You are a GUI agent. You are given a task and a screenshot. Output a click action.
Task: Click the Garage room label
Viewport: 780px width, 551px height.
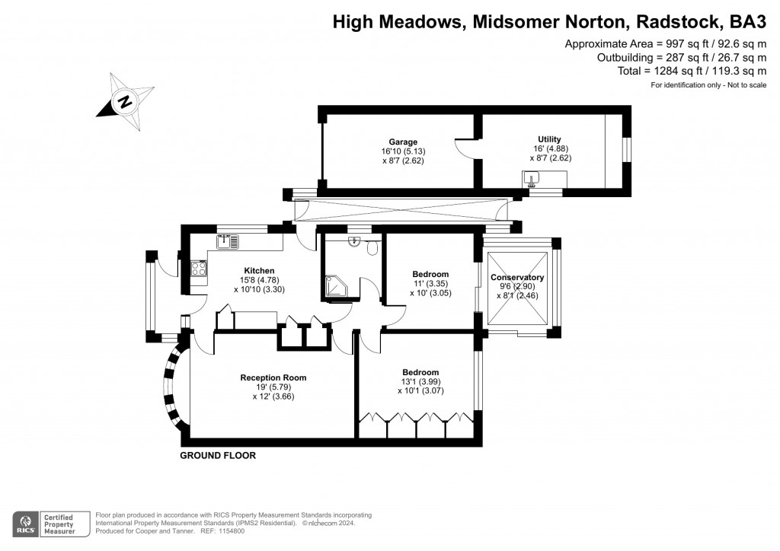pyautogui.click(x=403, y=142)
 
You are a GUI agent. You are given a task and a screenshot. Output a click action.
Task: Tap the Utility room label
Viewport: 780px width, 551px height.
pyautogui.click(x=549, y=139)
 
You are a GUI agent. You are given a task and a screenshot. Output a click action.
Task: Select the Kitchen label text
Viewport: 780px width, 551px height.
pyautogui.click(x=259, y=271)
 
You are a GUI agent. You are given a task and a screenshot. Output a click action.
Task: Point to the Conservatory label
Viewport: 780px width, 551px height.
pyautogui.click(x=517, y=277)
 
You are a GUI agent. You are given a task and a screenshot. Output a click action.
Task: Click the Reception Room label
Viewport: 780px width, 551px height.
pyautogui.click(x=273, y=377)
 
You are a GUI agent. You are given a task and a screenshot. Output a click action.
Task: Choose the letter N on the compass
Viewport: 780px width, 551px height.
pyautogui.click(x=125, y=102)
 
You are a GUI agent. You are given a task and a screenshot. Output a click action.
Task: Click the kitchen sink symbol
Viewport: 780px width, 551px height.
pyautogui.click(x=228, y=242)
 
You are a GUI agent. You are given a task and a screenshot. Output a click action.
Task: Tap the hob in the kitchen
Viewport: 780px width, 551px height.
pyautogui.click(x=199, y=269)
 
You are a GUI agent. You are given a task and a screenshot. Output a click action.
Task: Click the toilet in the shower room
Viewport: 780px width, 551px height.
pyautogui.click(x=372, y=247)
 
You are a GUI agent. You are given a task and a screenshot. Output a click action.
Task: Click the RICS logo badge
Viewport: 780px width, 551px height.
pyautogui.click(x=25, y=524)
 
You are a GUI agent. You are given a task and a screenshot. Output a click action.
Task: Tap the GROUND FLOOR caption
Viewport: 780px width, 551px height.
pyautogui.click(x=218, y=456)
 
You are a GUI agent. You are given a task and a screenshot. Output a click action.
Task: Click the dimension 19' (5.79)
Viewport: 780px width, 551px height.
pyautogui.click(x=273, y=387)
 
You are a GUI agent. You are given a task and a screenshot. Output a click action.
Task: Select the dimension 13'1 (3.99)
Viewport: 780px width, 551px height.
pyautogui.click(x=420, y=381)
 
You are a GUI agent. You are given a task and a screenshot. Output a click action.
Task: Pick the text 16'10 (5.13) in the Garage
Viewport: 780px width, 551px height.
pyautogui.click(x=403, y=151)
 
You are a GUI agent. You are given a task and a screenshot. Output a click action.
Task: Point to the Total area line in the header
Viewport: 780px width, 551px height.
pyautogui.click(x=692, y=71)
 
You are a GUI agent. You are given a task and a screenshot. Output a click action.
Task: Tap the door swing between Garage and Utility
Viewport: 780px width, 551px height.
pyautogui.click(x=465, y=149)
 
